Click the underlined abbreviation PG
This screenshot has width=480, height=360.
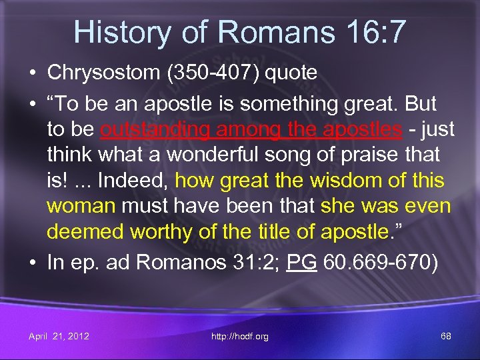pos(301,262)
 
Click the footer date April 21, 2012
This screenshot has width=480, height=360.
pos(59,336)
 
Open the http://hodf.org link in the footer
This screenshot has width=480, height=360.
pos(240,336)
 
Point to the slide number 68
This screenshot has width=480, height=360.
pos(446,336)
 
